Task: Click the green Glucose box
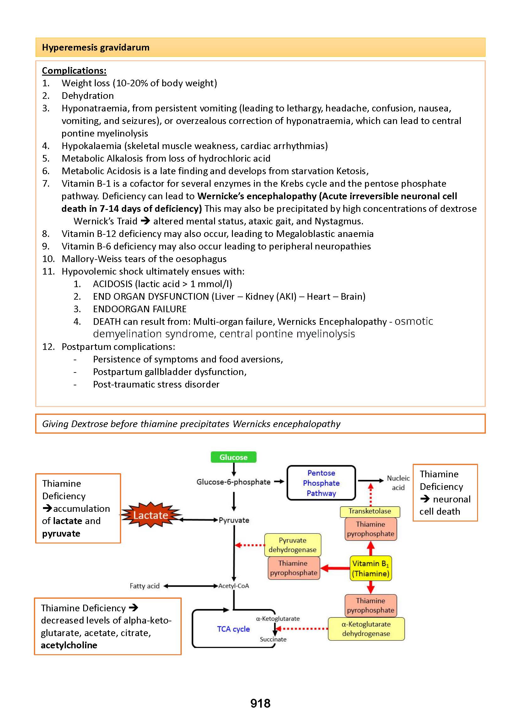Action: tap(234, 457)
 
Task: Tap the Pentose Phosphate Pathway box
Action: tap(321, 483)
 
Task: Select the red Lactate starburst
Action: tap(151, 515)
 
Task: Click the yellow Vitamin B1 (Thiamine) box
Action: tap(371, 568)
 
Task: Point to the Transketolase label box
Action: tap(370, 511)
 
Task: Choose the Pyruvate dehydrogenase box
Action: tap(293, 545)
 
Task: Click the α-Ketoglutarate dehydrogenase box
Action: tap(366, 629)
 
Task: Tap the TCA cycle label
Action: tap(233, 629)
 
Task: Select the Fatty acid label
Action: tap(144, 586)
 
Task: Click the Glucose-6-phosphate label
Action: tap(234, 482)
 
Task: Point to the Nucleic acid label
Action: tap(398, 483)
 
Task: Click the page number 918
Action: tap(260, 703)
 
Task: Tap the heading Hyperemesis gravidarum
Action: tap(96, 47)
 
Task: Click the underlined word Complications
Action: tap(74, 71)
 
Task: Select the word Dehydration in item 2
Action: tap(88, 96)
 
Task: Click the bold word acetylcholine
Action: tap(69, 645)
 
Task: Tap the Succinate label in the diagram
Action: tap(273, 639)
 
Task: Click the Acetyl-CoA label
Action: tap(234, 586)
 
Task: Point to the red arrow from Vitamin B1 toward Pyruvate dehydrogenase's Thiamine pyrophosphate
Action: tap(335, 568)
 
